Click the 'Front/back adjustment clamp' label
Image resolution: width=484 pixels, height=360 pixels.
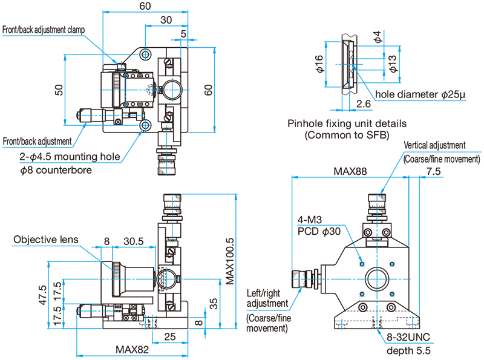click(x=44, y=30)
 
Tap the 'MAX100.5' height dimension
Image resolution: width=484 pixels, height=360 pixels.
click(x=230, y=261)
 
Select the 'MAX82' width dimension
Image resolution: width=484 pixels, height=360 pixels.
click(x=132, y=350)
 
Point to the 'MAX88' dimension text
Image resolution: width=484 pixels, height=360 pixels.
click(x=350, y=171)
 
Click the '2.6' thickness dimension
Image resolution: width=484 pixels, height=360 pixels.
click(x=364, y=103)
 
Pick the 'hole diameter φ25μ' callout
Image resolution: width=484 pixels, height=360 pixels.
click(x=420, y=94)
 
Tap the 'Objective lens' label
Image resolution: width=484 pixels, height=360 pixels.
click(x=46, y=239)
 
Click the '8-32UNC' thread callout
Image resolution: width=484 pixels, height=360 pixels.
click(x=408, y=337)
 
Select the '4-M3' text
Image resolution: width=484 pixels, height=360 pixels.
click(x=310, y=220)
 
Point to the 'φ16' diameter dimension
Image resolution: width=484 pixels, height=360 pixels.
click(x=319, y=64)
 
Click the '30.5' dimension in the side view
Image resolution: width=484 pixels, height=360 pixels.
click(x=133, y=241)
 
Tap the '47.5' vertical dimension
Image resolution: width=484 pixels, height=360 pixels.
click(x=42, y=295)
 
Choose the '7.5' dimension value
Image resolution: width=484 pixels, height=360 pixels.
click(x=433, y=171)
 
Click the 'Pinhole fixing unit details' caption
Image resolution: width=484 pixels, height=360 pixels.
click(x=347, y=123)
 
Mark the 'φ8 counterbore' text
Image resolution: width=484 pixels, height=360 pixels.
click(x=56, y=170)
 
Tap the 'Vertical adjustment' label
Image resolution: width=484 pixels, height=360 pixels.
click(x=434, y=145)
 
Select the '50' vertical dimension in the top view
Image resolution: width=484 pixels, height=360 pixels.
click(x=59, y=90)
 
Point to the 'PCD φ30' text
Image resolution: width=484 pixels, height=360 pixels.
click(x=319, y=232)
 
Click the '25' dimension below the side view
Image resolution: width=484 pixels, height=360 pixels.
click(x=170, y=336)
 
